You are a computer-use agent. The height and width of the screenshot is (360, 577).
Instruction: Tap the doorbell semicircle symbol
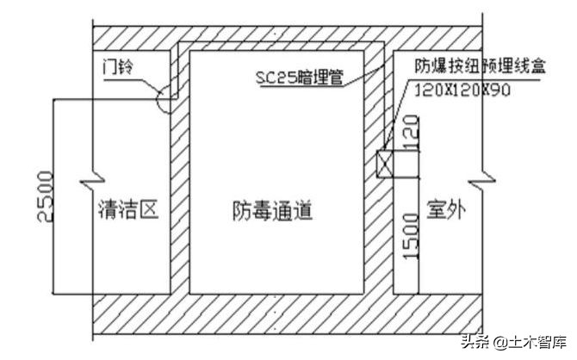(164, 99)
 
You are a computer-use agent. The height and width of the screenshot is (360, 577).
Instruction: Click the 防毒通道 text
(271, 209)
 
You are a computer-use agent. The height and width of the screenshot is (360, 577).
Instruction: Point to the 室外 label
(445, 209)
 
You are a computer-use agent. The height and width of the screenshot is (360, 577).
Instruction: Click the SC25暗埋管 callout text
(299, 77)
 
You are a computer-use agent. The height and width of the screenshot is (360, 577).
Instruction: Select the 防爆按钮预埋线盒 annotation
(476, 65)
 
